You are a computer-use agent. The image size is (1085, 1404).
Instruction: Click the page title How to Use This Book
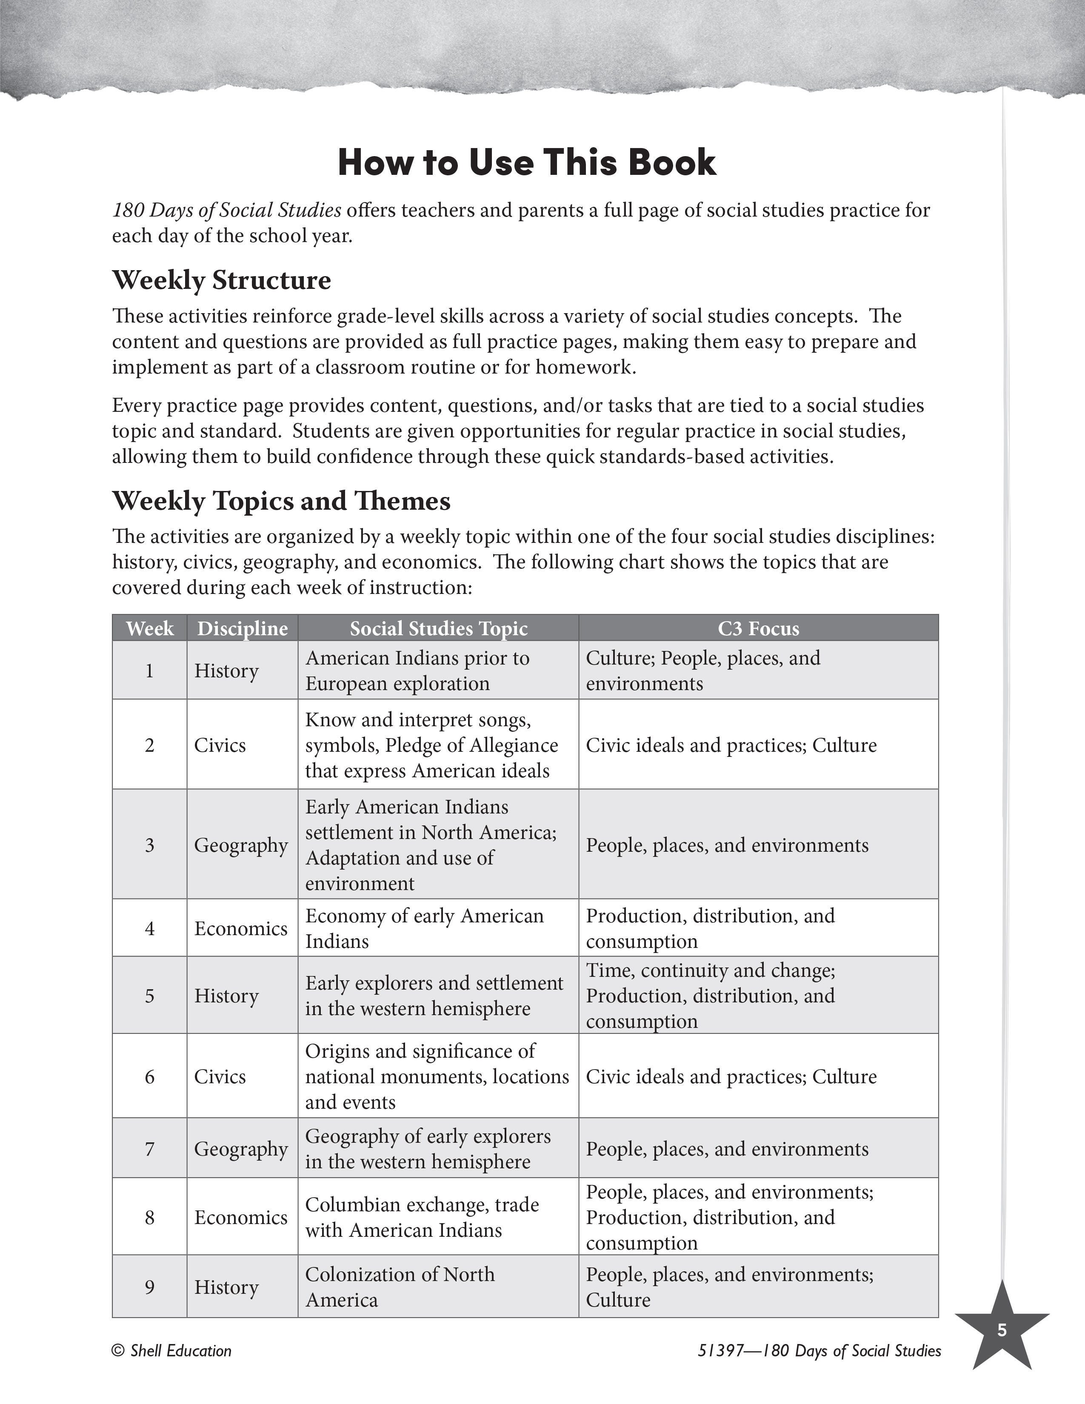[x=526, y=162]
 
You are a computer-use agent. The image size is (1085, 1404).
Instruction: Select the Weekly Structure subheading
[x=222, y=280]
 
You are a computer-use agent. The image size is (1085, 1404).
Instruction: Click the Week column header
[x=150, y=628]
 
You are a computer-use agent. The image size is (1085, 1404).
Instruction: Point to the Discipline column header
[x=243, y=628]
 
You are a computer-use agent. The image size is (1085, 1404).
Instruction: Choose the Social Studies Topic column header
[x=438, y=628]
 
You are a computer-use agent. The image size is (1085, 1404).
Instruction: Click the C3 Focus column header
[x=759, y=628]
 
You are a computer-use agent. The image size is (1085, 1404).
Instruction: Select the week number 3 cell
[x=150, y=844]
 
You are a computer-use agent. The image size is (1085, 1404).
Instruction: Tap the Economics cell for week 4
[x=241, y=928]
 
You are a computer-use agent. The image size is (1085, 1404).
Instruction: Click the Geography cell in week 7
[x=241, y=1148]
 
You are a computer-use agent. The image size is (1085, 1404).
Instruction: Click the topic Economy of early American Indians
[x=424, y=928]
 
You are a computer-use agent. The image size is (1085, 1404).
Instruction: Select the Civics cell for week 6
[x=220, y=1076]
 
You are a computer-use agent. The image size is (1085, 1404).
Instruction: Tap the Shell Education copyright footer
[x=171, y=1351]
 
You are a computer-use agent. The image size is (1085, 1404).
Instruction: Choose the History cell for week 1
[x=226, y=671]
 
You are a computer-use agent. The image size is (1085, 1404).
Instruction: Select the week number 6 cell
[x=150, y=1076]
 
